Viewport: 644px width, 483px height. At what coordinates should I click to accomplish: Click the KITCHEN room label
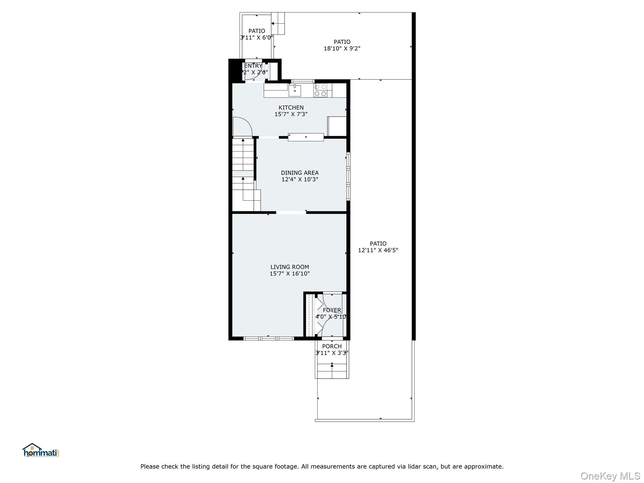291,108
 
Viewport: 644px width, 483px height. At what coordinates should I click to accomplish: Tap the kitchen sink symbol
295,91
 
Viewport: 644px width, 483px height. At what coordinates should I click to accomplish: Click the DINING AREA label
300,173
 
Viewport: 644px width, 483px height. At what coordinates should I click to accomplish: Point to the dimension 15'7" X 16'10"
290,274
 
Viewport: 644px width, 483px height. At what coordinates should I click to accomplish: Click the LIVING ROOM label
290,267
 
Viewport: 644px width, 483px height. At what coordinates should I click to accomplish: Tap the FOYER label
332,310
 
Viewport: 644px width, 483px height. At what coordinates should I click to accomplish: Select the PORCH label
332,346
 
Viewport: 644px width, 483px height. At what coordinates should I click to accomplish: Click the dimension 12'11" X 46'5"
378,250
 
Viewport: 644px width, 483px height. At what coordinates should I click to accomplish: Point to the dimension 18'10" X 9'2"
342,48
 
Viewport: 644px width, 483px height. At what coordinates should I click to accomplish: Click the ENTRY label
253,66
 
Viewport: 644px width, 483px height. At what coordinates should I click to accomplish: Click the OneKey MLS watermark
610,476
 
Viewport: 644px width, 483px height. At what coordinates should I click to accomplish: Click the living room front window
269,338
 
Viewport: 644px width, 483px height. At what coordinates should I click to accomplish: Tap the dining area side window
348,176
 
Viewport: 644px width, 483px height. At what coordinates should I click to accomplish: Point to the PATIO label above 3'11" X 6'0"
257,31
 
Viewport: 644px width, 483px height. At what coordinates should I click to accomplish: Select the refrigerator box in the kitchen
337,126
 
